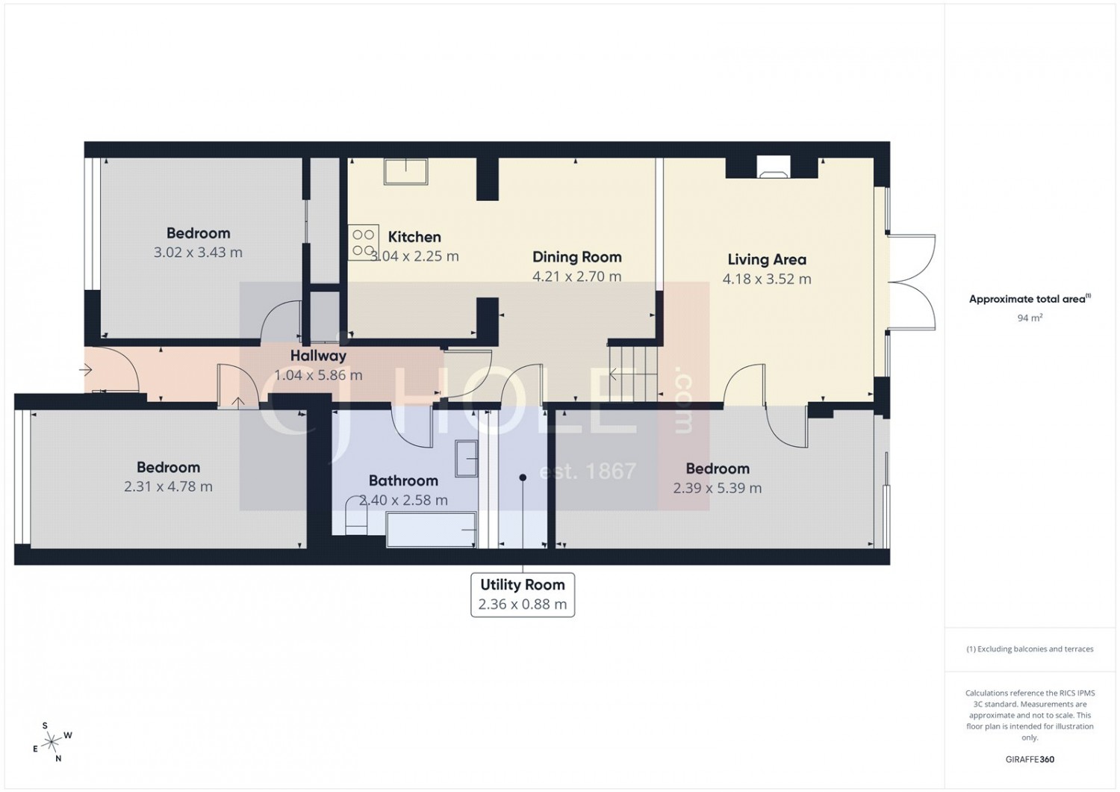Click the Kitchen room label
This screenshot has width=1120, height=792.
point(414,237)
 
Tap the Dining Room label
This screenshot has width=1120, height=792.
point(577,257)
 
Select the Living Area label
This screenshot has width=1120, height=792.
point(767,260)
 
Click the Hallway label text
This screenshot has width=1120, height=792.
point(319,356)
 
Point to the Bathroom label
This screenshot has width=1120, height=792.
point(403,480)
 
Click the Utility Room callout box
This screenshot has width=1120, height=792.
point(523,595)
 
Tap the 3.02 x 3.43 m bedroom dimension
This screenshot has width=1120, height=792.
point(198,252)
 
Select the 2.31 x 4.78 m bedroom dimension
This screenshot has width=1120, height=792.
point(169,486)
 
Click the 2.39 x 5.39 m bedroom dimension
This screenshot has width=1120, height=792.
point(718,488)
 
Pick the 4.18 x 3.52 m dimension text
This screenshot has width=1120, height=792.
point(767,279)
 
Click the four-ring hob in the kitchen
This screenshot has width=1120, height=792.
point(363,242)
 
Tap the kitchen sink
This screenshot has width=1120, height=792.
point(405,172)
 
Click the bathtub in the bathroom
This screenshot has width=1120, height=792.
point(431,530)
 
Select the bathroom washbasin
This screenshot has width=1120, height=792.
point(466,458)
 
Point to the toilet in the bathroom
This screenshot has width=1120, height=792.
point(356,516)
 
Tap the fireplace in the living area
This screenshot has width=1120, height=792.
point(774,167)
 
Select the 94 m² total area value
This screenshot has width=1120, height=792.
point(1030,318)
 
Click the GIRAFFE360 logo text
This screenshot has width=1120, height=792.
point(1030,759)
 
